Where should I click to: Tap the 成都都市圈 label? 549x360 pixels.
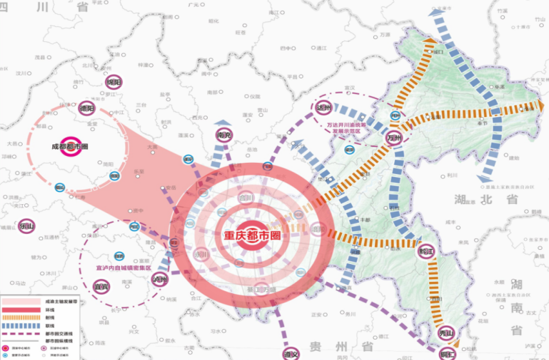[70, 146]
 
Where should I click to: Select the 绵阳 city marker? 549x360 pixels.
[114, 82]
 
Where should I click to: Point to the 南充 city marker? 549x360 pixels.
[224, 135]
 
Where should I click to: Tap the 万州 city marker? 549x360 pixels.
[394, 137]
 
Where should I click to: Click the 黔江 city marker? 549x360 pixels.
[426, 250]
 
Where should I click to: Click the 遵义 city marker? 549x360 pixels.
[291, 353]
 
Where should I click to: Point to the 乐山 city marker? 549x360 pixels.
[27, 226]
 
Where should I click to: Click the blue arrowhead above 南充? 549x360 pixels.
[224, 123]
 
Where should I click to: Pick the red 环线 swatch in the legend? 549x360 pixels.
[22, 310]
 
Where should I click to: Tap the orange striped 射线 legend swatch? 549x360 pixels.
[22, 317]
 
